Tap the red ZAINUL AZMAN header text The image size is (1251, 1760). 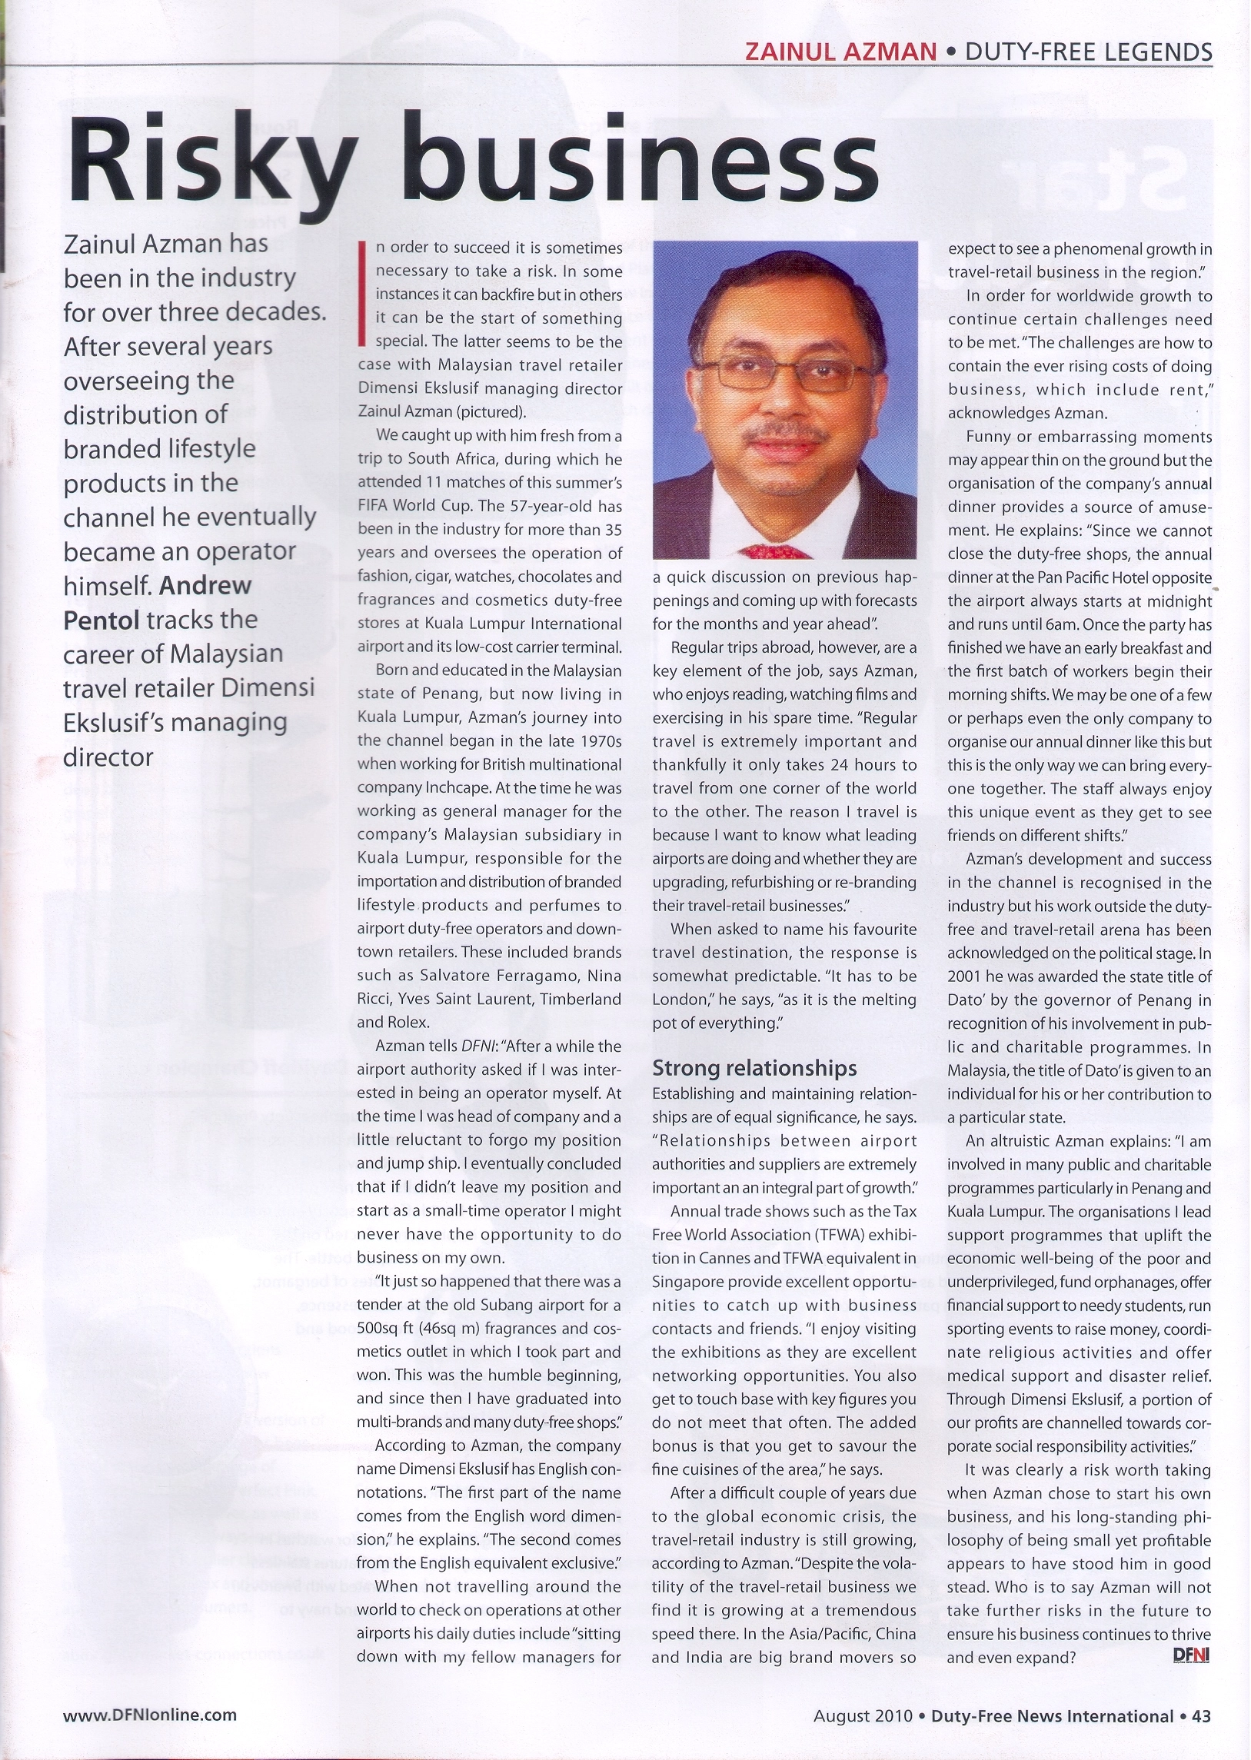point(840,52)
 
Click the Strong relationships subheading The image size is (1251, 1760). point(754,1067)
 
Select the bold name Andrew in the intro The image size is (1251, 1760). point(205,585)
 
